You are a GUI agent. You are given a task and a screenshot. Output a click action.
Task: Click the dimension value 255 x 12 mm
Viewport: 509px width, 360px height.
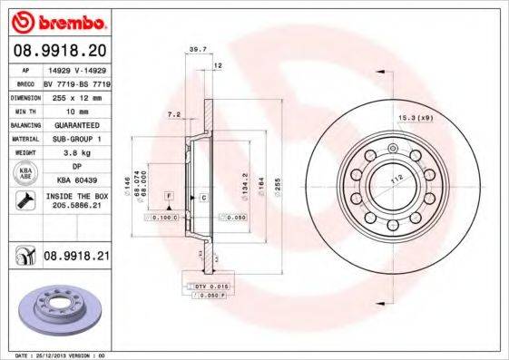[x=72, y=94]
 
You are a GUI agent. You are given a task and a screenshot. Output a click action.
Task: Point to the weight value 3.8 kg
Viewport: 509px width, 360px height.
[x=72, y=153]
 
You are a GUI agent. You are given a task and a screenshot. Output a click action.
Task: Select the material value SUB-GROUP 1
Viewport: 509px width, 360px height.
[x=72, y=139]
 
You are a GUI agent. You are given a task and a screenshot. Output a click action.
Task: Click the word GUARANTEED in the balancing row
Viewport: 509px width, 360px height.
[x=72, y=124]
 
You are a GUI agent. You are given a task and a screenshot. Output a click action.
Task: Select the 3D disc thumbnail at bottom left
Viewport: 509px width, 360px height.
[x=57, y=313]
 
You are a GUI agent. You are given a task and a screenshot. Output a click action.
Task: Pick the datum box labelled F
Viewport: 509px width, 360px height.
[x=169, y=196]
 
